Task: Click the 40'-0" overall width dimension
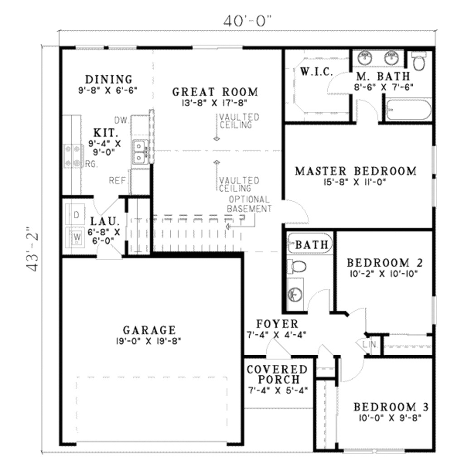point(247,21)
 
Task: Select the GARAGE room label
point(149,329)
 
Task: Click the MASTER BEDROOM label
point(355,171)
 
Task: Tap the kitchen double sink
point(140,151)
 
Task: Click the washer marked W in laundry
point(76,236)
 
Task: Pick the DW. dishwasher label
point(120,121)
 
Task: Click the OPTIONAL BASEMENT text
point(249,204)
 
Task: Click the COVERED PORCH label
point(277,374)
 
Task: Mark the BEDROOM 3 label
point(391,406)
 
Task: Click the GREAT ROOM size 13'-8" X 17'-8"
point(215,103)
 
